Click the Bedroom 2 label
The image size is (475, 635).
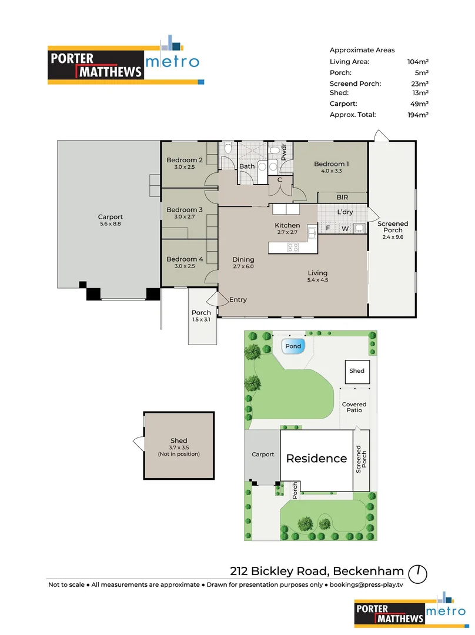pos(185,160)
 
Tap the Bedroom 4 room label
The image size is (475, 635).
pos(185,259)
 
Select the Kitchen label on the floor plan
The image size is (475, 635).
pos(287,225)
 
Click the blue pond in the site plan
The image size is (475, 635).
pos(293,346)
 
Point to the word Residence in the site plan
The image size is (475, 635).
pos(316,459)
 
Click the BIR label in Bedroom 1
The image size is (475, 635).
pos(343,198)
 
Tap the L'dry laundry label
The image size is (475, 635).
pos(344,212)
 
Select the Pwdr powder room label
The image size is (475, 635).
pos(283,153)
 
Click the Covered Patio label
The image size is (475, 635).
pos(354,407)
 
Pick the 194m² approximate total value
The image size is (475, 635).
pos(418,115)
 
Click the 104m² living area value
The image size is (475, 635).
pos(418,61)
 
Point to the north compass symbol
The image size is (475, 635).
pos(419,571)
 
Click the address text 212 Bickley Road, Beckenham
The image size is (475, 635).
pos(317,571)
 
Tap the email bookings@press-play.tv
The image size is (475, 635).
pos(366,585)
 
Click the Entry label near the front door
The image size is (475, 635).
pos(238,300)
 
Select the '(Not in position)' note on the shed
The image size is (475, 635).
pos(179,454)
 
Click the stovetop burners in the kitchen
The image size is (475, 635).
pos(292,248)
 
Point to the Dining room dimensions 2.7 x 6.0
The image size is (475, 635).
pos(243,266)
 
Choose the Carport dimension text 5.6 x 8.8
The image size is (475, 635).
pos(111,223)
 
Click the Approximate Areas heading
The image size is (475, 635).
pos(362,50)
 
